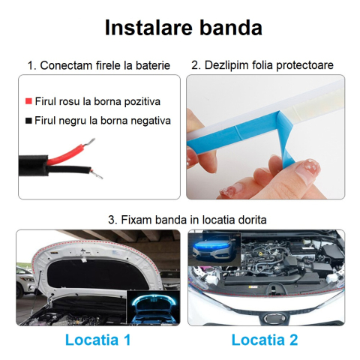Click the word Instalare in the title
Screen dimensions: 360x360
pos(148,28)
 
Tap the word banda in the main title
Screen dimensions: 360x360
pos(231,28)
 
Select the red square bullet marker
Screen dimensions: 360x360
pos(28,101)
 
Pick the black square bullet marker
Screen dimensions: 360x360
pos(28,121)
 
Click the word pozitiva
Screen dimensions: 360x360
pos(142,102)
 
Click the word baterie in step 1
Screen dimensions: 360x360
pos(153,65)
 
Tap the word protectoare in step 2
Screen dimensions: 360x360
pos(304,65)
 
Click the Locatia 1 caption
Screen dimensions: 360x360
pos(97,340)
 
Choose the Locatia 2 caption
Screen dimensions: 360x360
pos(265,340)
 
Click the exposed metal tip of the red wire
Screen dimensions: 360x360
pos(91,142)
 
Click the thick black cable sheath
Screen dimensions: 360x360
pos(33,166)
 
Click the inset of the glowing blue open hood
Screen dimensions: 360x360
pos(153,307)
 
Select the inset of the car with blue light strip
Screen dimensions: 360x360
pos(215,248)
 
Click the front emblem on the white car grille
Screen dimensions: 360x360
pos(275,319)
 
